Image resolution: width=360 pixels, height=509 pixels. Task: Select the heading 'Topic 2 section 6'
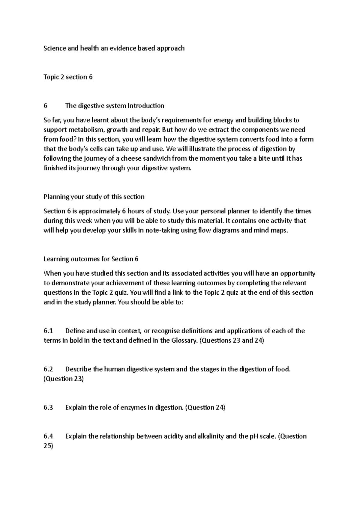(68, 77)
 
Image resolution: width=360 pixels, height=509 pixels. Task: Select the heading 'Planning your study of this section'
(94, 197)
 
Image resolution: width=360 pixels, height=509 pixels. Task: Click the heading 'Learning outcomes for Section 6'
(91, 259)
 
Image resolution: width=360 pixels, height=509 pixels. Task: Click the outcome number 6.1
(48, 331)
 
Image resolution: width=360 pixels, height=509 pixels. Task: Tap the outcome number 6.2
(48, 369)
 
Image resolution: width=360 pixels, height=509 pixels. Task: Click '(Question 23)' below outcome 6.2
(64, 379)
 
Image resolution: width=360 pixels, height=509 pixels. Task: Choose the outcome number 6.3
(48, 408)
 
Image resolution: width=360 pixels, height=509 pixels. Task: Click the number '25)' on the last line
(48, 446)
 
